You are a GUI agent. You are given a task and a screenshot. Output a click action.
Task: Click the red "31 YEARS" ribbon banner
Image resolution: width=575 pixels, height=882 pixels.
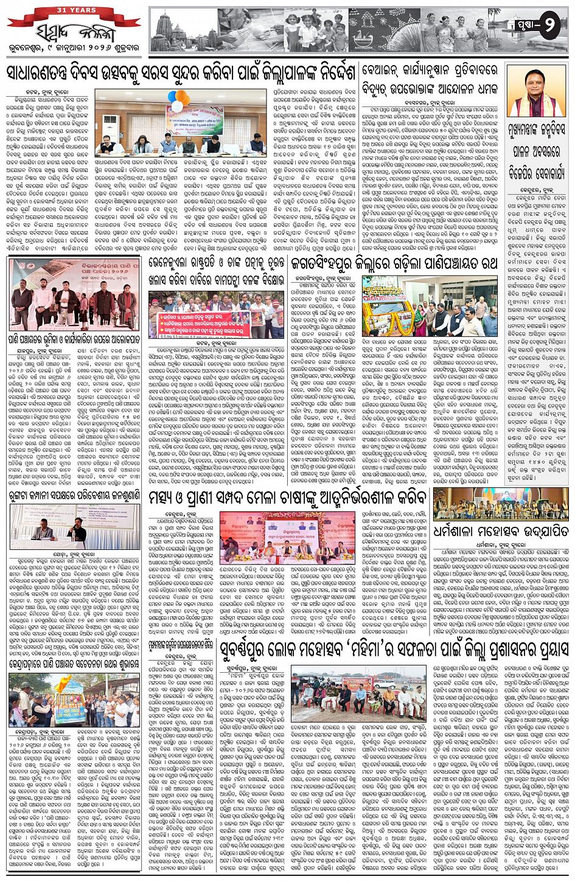[74, 11]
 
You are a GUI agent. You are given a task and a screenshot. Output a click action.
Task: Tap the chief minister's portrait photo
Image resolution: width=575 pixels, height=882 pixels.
[536, 91]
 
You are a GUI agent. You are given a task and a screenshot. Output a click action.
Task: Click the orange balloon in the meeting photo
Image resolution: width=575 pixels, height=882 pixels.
[181, 97]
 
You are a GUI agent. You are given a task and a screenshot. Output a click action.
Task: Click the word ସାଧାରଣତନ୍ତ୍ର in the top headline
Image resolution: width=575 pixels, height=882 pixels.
[47, 73]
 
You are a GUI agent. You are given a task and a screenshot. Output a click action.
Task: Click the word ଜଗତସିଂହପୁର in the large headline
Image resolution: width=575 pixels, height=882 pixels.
[333, 263]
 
